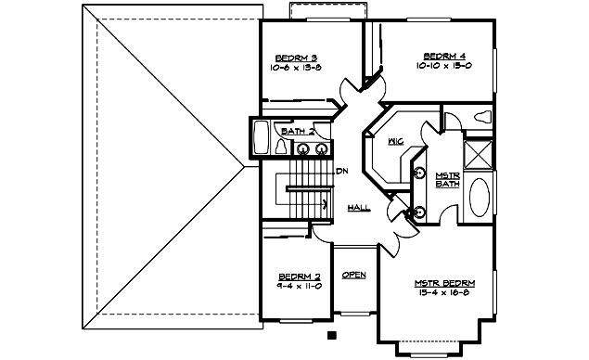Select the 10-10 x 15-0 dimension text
click(443, 67)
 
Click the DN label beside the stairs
click(341, 171)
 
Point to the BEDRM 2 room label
click(300, 276)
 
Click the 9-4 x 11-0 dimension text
click(300, 287)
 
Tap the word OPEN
click(353, 276)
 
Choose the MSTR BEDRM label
click(445, 282)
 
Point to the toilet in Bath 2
click(284, 147)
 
